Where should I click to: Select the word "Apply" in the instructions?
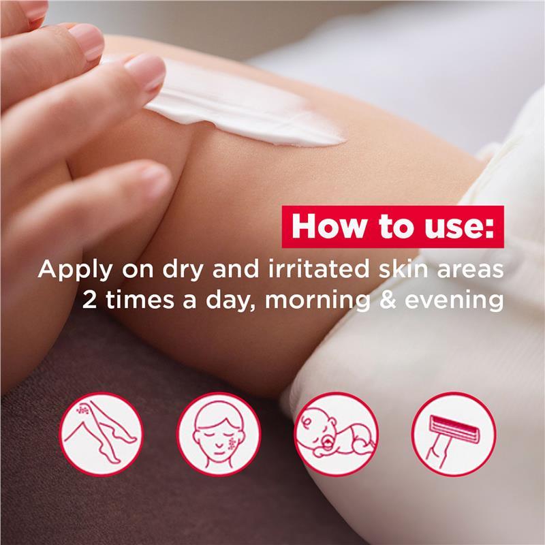76,270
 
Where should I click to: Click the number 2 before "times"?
90,300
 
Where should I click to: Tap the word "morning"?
317,301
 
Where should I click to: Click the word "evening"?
454,301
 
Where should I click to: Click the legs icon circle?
101,434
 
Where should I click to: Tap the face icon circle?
219,434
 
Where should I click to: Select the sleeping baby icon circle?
336,434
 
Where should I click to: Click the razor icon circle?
454,434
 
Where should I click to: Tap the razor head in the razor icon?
454,429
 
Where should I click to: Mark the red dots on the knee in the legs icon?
82,411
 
